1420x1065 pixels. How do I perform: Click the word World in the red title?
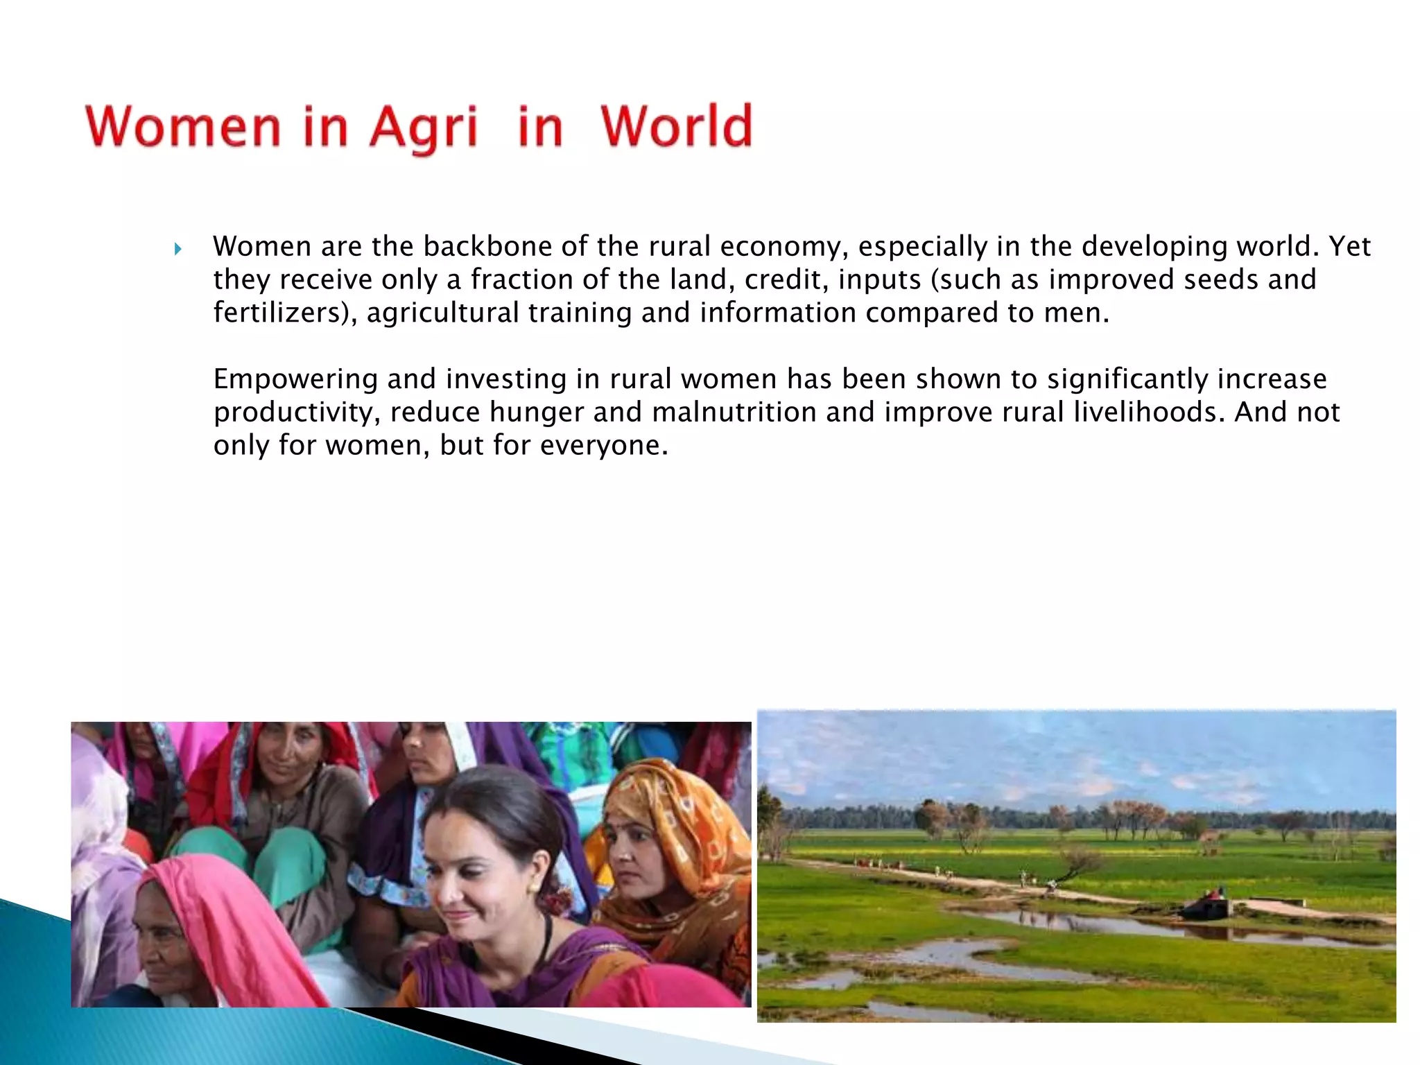676,126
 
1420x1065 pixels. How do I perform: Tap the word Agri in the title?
423,128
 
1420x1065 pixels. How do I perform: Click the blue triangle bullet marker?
178,248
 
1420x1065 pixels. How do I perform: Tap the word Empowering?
295,379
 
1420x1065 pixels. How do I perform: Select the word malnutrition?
734,412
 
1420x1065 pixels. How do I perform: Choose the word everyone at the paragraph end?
603,445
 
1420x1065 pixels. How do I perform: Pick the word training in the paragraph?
580,313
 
